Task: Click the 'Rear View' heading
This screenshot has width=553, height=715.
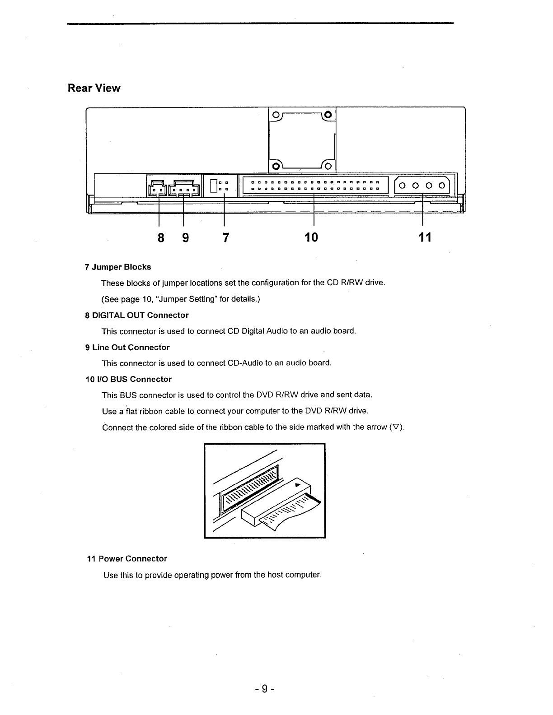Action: click(94, 88)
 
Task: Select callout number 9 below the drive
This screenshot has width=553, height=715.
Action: click(185, 237)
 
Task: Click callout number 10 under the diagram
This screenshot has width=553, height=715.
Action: click(311, 237)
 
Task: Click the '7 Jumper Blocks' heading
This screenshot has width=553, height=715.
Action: click(118, 267)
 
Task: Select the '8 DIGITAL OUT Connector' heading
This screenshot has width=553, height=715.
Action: click(136, 315)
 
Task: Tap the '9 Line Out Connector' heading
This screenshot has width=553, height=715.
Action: click(127, 348)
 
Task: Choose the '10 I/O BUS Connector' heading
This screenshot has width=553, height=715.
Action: click(128, 379)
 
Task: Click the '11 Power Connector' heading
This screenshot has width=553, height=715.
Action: click(127, 559)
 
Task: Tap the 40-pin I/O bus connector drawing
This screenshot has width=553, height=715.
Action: click(315, 185)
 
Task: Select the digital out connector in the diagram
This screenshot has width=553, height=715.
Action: click(157, 188)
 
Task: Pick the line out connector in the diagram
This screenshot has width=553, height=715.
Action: click(183, 188)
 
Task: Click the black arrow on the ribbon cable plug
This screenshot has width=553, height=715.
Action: click(297, 485)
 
